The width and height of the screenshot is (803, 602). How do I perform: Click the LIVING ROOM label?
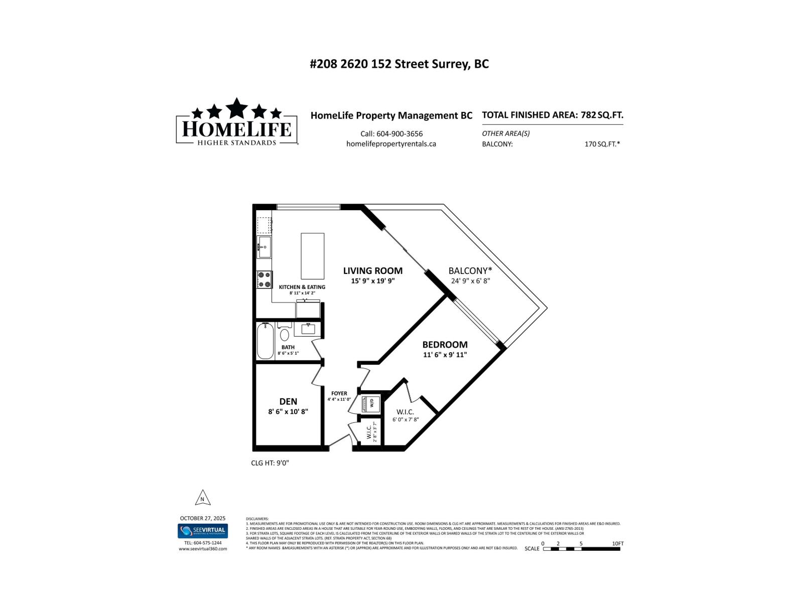click(x=372, y=271)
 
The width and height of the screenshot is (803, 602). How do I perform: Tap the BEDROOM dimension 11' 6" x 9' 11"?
click(x=445, y=355)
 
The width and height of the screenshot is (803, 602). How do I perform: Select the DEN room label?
click(x=288, y=401)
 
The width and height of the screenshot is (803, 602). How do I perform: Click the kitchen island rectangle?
click(x=312, y=256)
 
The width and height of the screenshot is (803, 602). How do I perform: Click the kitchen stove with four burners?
click(x=264, y=279)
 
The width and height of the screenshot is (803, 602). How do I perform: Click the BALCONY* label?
click(x=470, y=271)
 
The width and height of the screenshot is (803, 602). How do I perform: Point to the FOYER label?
click(x=339, y=393)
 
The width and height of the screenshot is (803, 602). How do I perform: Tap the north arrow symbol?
click(x=202, y=498)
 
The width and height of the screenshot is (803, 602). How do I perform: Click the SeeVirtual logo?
click(x=203, y=531)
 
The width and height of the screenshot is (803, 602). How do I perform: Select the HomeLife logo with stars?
click(x=236, y=122)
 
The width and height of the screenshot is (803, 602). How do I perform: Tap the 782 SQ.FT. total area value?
click(x=602, y=115)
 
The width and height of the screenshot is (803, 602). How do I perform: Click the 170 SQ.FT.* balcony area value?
click(x=602, y=144)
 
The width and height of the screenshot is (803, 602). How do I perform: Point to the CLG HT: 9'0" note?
click(x=270, y=463)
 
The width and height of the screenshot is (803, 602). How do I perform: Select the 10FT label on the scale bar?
click(x=617, y=543)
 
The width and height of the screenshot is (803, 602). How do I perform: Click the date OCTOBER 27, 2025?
click(x=203, y=518)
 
